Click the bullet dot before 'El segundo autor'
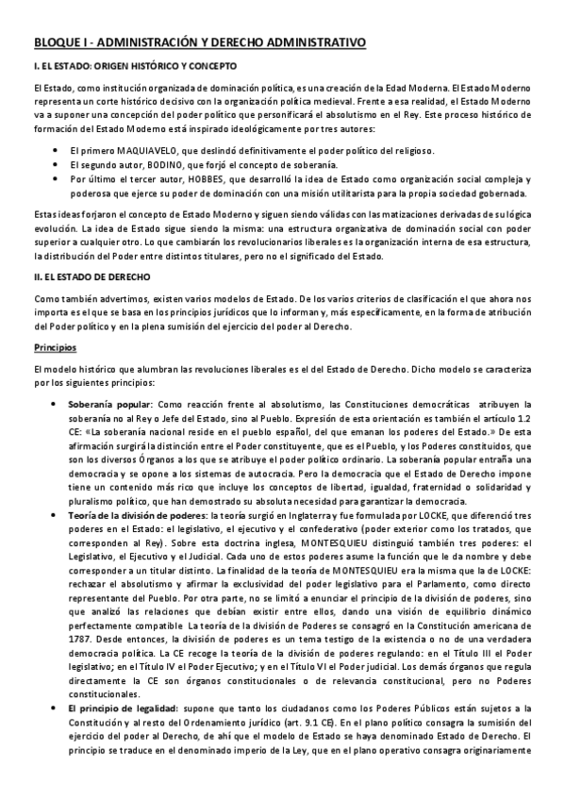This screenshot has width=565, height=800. coord(59,163)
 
